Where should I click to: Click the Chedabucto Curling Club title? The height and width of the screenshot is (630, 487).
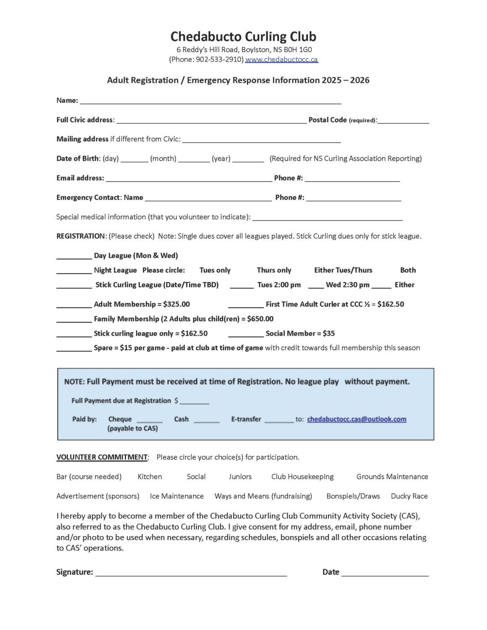pos(243,36)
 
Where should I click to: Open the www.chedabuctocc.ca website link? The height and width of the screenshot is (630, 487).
pos(281,59)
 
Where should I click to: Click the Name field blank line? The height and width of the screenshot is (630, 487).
pos(210,102)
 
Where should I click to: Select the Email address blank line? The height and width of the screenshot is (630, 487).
pos(189,179)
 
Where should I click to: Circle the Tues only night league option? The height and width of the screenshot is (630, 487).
pos(215,270)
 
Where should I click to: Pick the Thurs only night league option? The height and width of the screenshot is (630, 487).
pos(274,270)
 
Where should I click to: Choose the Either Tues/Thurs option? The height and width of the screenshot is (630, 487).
pos(343,270)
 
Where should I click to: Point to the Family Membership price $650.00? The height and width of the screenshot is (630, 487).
pos(260,319)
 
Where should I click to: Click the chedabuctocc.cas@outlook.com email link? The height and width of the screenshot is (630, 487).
pos(356,419)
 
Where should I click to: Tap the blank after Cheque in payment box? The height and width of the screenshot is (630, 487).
pos(149,421)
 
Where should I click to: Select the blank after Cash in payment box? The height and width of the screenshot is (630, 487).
pos(207,421)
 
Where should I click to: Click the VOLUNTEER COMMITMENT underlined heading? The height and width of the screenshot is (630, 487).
pos(102,457)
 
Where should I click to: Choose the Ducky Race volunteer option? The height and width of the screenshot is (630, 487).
pos(409,496)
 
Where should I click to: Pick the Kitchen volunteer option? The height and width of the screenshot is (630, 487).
pos(149,477)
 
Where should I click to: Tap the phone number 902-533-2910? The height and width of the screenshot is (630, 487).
pos(219,59)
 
